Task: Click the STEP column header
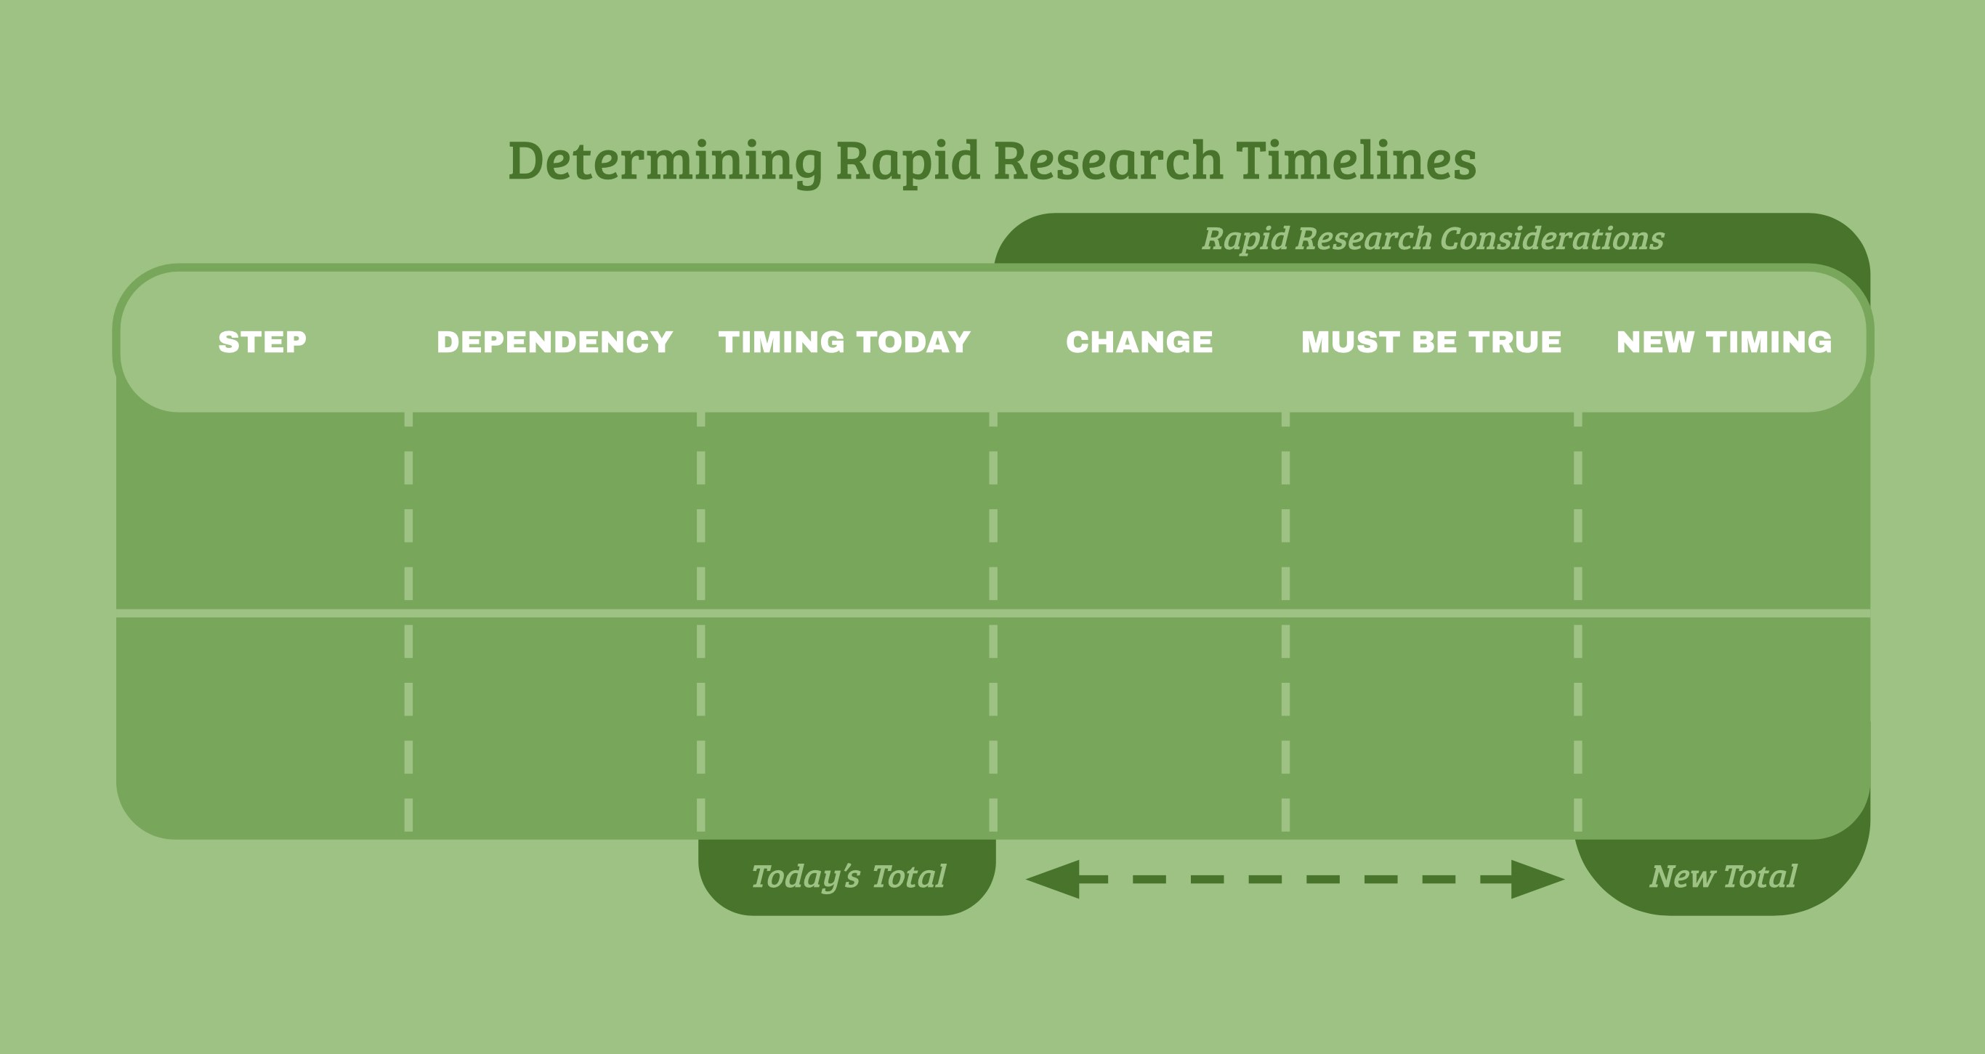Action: [262, 342]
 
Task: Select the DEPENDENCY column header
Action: [555, 342]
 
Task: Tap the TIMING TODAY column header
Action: [844, 342]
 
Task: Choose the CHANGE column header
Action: [1139, 342]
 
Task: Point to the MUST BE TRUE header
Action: [1431, 342]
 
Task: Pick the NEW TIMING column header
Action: [1723, 342]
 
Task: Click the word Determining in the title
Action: [665, 162]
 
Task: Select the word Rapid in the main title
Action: [907, 162]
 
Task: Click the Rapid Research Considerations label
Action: [1433, 239]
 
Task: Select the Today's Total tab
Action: [848, 877]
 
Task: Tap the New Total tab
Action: [1723, 877]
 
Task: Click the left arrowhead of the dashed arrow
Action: [1054, 879]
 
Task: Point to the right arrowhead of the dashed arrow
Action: [1537, 879]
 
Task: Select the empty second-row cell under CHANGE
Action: [1139, 724]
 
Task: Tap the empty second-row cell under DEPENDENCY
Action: [555, 724]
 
